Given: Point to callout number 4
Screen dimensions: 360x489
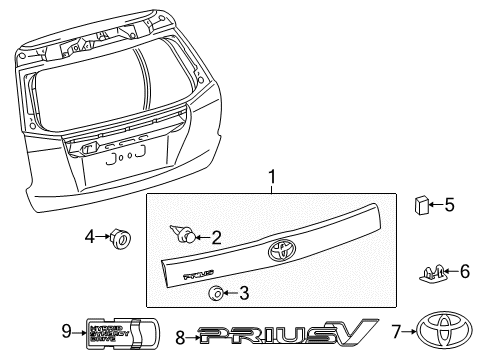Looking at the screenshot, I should pos(88,238).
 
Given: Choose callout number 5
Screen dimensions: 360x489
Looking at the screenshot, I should pos(450,206).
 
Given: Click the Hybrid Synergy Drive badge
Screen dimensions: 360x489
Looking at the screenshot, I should pos(114,331).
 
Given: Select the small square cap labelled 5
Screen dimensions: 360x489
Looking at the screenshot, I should pos(423,207).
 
